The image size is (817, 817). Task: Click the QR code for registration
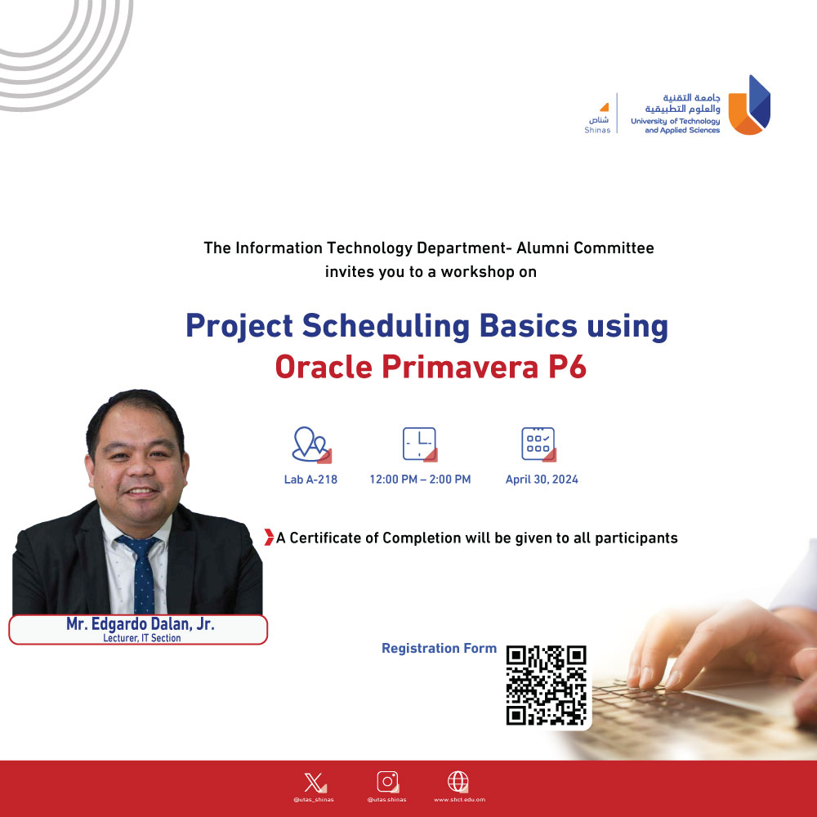(x=546, y=685)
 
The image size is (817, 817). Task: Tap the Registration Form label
(x=439, y=648)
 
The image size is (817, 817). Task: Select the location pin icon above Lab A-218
(x=311, y=444)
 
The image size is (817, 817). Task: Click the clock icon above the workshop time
(x=419, y=444)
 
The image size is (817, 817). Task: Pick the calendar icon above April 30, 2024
(x=538, y=444)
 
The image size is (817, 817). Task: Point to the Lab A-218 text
(x=310, y=480)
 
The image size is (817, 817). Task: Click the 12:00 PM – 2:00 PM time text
(x=420, y=480)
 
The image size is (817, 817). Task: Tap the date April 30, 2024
(x=542, y=480)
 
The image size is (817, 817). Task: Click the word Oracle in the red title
(x=324, y=367)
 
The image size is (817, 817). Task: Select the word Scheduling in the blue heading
(x=386, y=327)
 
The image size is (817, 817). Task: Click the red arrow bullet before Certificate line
(x=269, y=538)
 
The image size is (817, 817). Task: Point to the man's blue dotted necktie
(x=141, y=574)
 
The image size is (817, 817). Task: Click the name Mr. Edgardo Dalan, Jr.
(x=141, y=623)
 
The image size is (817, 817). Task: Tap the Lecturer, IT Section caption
(x=141, y=638)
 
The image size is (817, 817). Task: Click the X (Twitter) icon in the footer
(x=315, y=783)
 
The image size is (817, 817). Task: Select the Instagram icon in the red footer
(x=387, y=782)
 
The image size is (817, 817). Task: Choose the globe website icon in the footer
(x=458, y=782)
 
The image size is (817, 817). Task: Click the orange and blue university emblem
(x=749, y=105)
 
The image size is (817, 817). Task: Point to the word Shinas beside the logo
(x=597, y=130)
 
